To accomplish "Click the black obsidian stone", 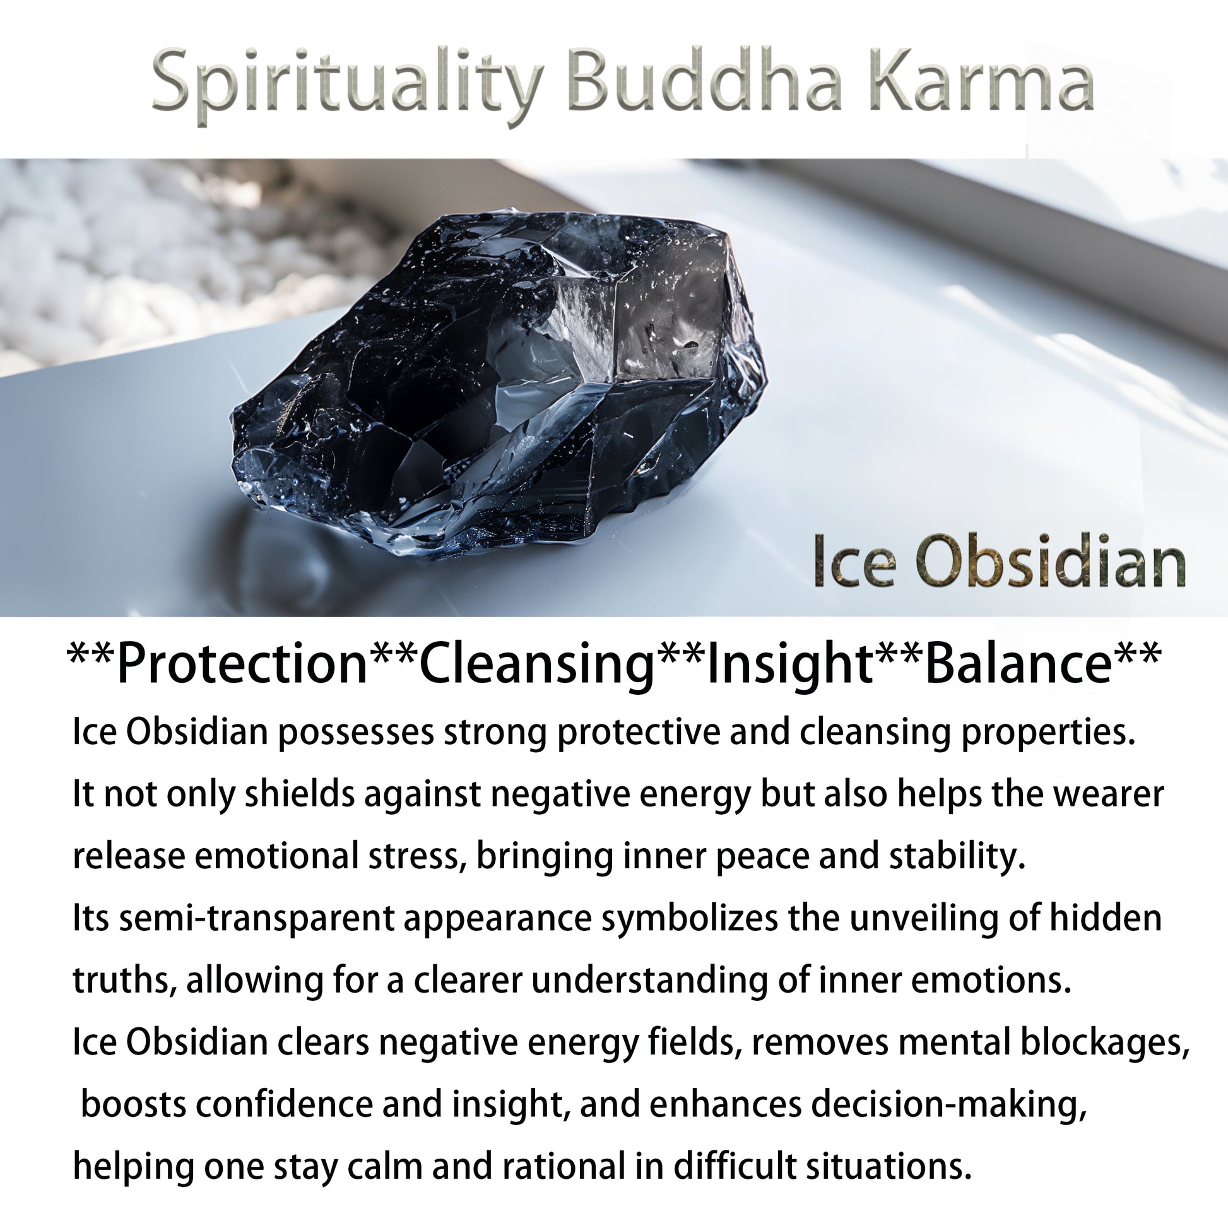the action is [x=499, y=381].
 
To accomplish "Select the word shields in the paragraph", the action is [x=299, y=794].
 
